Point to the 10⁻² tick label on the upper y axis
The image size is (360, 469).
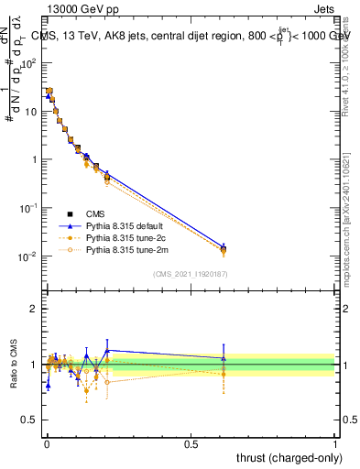[x=27, y=256]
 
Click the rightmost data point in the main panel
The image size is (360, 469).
[x=224, y=249]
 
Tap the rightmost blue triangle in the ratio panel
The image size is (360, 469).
[x=224, y=358]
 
